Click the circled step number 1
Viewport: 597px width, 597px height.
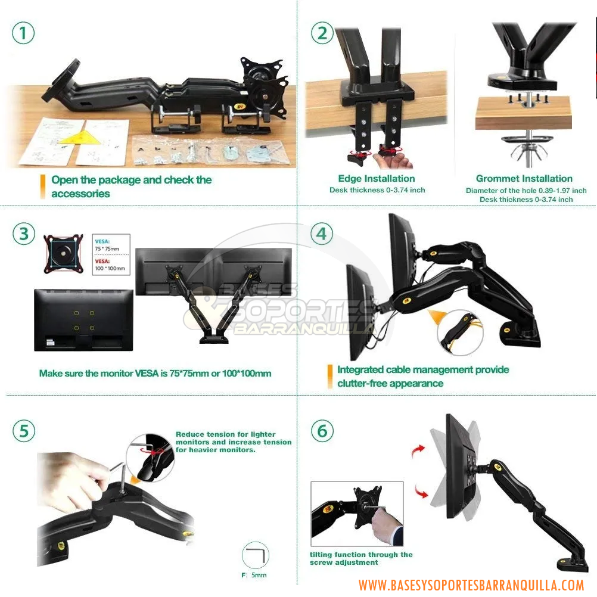coord(23,33)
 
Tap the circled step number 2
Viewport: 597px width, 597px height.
coord(322,33)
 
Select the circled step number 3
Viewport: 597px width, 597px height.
coord(23,234)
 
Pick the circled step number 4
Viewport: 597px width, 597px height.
coord(322,234)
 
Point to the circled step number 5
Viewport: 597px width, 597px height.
coord(23,431)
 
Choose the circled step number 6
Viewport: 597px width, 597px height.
coord(322,431)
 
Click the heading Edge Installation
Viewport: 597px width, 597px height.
coord(377,178)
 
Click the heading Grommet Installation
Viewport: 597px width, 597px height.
coord(524,178)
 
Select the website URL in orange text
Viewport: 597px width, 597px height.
coord(471,585)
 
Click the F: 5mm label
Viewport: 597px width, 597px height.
coord(254,575)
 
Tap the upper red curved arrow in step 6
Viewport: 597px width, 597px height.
coord(419,452)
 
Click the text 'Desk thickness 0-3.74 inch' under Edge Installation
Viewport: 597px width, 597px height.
coord(377,190)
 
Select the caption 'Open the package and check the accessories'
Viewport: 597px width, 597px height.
coord(131,186)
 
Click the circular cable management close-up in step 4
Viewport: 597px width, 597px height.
coord(459,332)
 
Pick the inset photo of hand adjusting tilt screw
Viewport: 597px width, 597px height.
coord(357,514)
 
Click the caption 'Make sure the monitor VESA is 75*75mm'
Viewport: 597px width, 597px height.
coord(155,374)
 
